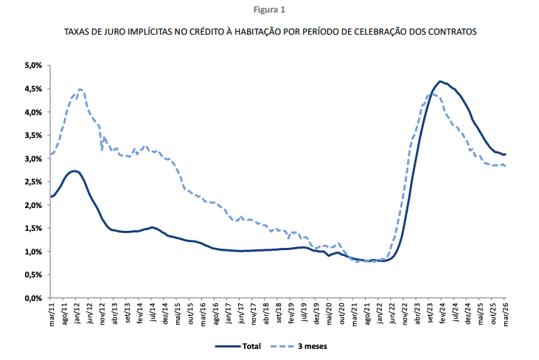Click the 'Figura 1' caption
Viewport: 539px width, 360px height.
click(269, 10)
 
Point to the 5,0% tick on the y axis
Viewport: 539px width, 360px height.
click(33, 66)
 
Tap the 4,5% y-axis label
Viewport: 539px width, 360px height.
click(33, 89)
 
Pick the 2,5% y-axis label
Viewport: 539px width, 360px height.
click(33, 182)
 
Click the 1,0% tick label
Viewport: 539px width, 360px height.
click(33, 252)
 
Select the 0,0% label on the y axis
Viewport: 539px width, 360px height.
click(33, 299)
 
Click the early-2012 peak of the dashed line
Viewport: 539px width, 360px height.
click(80, 89)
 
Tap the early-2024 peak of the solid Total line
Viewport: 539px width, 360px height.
click(439, 81)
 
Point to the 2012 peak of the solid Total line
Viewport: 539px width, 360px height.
click(74, 170)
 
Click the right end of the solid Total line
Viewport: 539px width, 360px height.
click(506, 154)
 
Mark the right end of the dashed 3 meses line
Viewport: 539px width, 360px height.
click(506, 167)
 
